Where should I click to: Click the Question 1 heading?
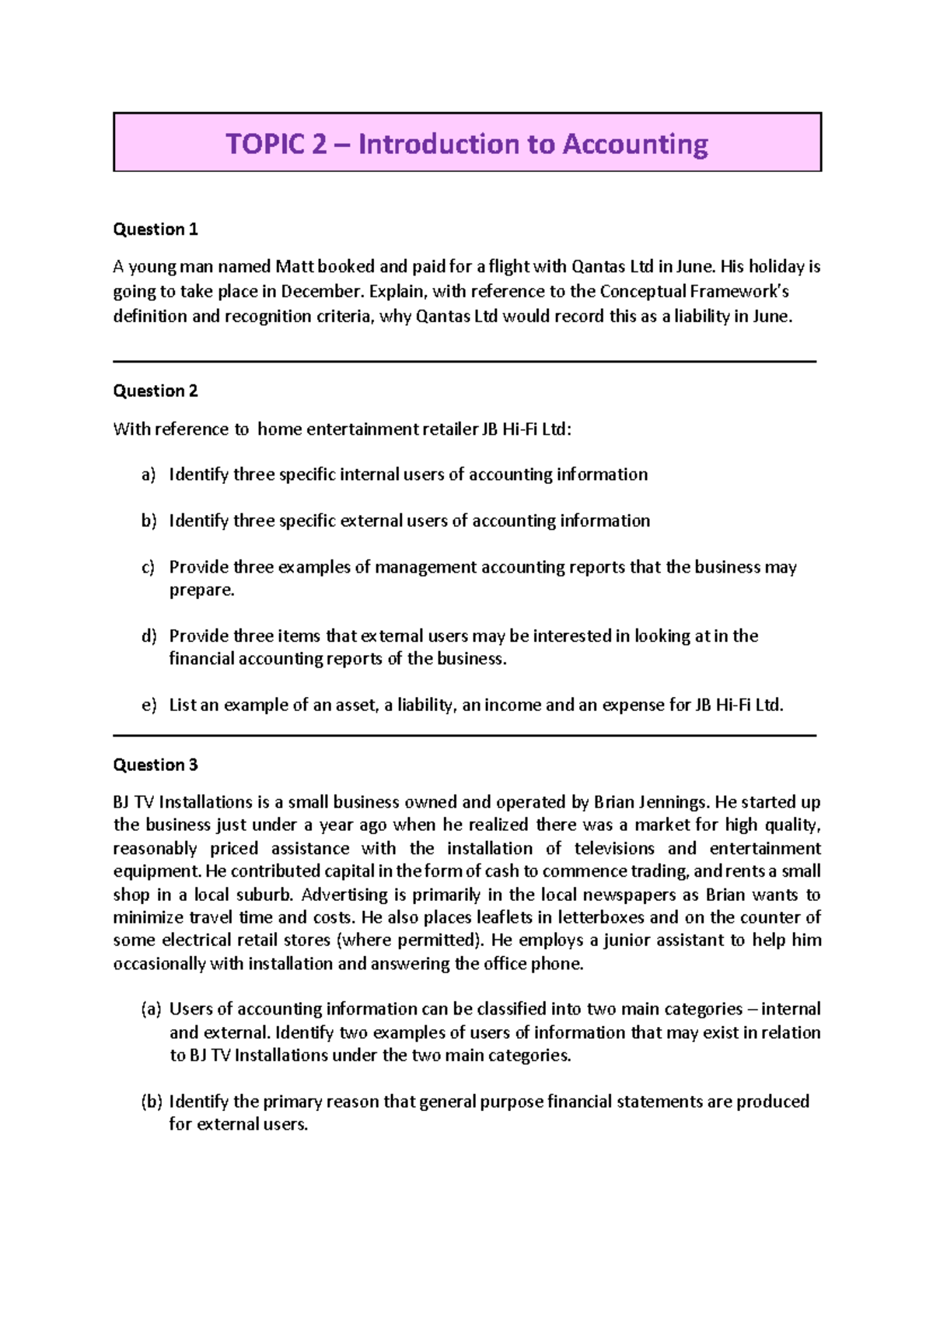155,230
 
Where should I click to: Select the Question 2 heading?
155,391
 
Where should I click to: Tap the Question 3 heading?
155,766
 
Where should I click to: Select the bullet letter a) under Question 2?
149,475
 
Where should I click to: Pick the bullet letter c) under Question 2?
149,567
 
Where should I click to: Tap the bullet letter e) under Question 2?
149,706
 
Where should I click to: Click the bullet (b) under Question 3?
151,1102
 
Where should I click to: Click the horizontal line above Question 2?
464,362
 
